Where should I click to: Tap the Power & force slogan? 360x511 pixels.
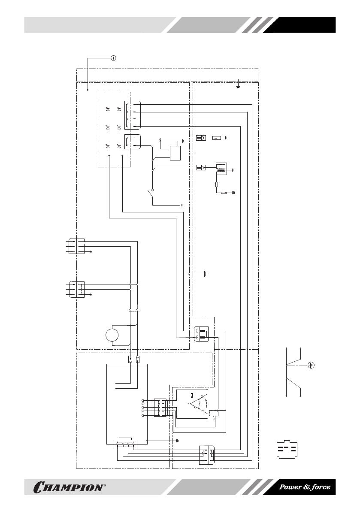pos(305,487)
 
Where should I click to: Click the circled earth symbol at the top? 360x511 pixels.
pos(113,58)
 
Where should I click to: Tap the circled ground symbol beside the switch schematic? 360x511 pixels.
pos(312,365)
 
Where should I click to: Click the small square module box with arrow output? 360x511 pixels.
pos(175,153)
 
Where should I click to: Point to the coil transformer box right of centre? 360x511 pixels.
pos(221,169)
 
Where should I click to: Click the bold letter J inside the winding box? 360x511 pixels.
pos(192,395)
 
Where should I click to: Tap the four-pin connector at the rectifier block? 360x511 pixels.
pos(132,115)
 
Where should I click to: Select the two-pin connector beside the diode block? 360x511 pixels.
pos(132,141)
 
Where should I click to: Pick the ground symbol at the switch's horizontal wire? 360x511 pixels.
pos(181,205)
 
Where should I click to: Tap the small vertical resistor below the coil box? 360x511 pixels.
pos(217,184)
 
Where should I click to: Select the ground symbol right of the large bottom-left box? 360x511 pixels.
pos(177,440)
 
